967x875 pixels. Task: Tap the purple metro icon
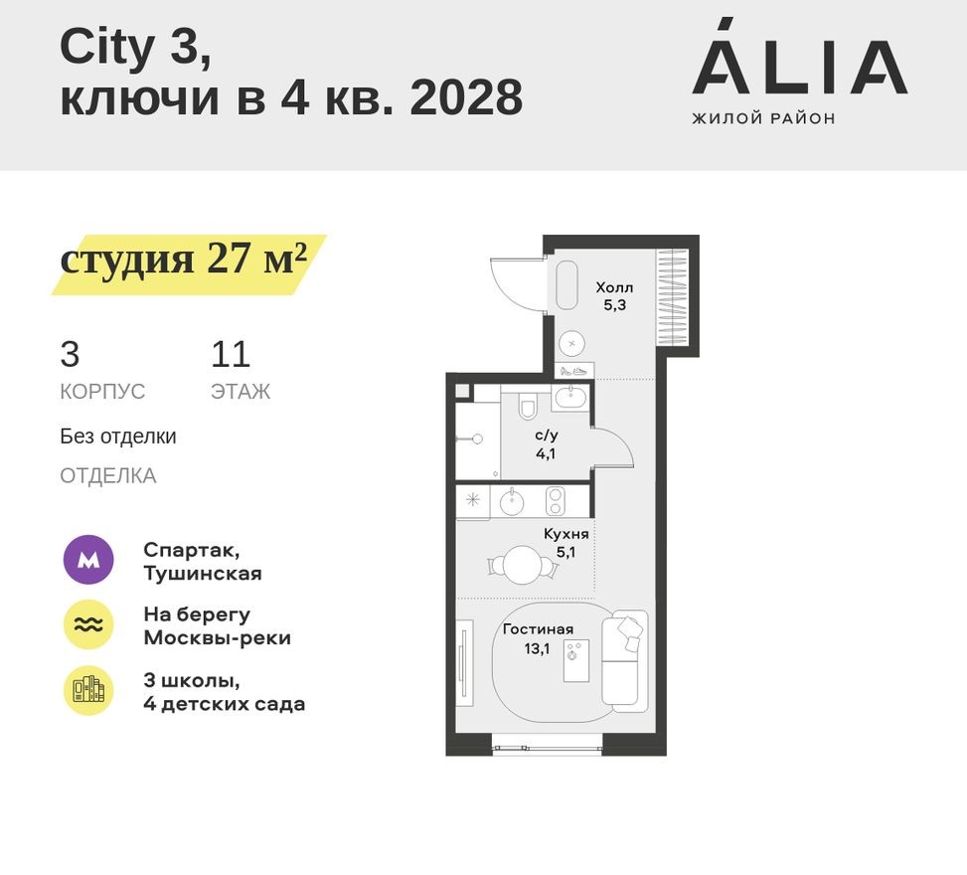click(88, 561)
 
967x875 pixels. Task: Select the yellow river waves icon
click(88, 625)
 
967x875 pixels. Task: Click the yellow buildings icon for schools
click(88, 690)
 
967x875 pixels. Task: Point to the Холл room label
click(613, 296)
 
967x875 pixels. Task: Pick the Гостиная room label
click(538, 637)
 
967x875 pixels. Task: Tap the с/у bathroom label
click(546, 443)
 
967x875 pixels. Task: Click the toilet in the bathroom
click(528, 408)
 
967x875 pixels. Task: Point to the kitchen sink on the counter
click(511, 501)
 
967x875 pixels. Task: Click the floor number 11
click(230, 355)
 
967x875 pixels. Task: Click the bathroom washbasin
click(570, 399)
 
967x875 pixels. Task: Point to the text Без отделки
click(118, 436)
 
